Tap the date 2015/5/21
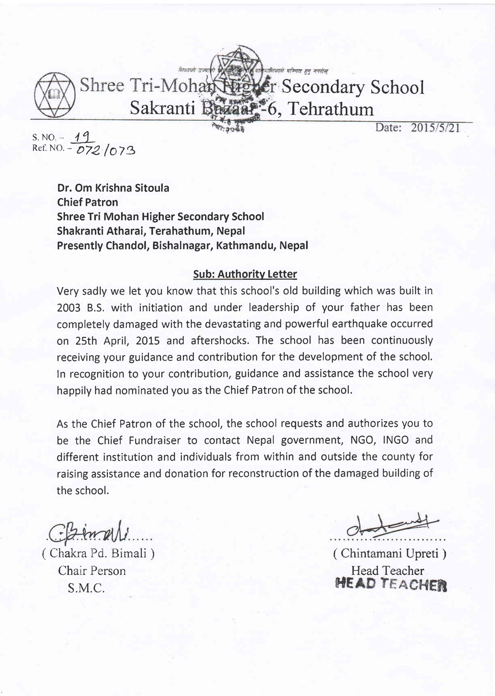[x=435, y=128]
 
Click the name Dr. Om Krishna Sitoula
[x=113, y=188]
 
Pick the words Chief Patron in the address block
[x=87, y=202]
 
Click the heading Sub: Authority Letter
[x=244, y=274]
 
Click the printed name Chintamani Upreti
[x=390, y=554]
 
